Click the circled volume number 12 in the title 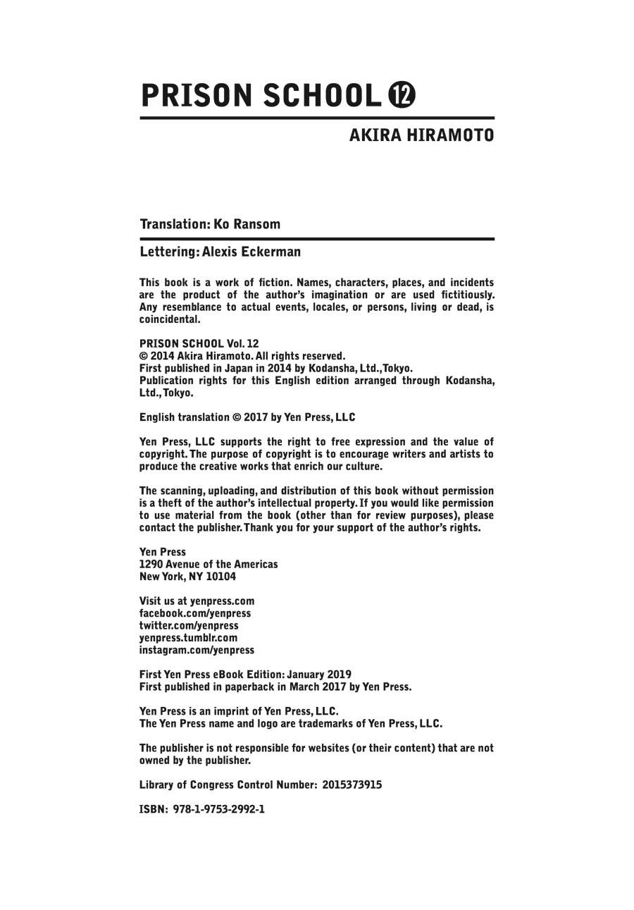pos(402,95)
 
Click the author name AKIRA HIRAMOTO pos(421,135)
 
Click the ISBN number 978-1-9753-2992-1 pos(218,809)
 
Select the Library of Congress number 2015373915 pos(352,785)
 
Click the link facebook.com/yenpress pos(195,613)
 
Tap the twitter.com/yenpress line pos(189,625)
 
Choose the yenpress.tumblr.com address pos(188,637)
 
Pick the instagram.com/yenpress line pos(197,650)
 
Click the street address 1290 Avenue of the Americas pos(209,564)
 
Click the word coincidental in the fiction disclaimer pos(170,319)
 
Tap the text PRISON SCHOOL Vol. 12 pos(199,344)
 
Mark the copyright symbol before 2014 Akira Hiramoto pos(144,356)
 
